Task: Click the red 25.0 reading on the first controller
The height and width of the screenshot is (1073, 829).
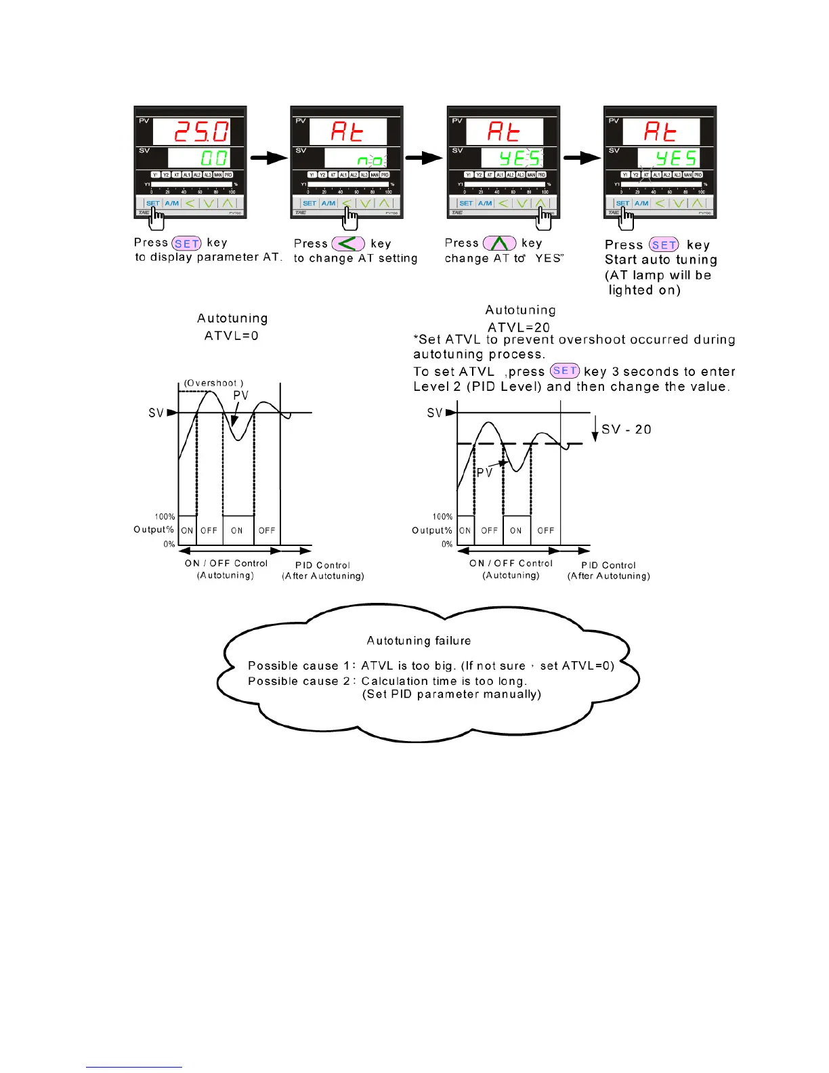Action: tap(202, 131)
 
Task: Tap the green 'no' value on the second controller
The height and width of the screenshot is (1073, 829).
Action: tap(370, 161)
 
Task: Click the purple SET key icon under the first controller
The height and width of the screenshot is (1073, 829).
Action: tap(187, 244)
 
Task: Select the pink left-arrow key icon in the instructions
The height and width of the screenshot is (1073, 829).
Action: tap(348, 244)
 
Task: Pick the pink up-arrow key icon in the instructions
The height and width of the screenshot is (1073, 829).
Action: tap(499, 243)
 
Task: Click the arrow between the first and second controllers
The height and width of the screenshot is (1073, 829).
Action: tap(269, 158)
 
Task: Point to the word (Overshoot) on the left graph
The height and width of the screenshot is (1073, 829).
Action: tap(213, 383)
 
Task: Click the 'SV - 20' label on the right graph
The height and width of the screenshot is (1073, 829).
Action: tap(626, 429)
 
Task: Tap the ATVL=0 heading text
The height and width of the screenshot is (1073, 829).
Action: tap(232, 335)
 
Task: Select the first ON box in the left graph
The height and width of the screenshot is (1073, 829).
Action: tap(187, 530)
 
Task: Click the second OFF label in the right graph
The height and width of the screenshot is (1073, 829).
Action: tap(546, 530)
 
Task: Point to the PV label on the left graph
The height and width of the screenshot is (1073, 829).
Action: tap(240, 396)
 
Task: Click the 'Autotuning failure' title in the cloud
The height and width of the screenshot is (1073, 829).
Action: tap(419, 641)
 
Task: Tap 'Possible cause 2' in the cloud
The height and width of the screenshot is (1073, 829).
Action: tap(301, 681)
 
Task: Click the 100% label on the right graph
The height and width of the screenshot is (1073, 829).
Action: tap(442, 517)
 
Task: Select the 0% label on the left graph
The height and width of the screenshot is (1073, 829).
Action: tap(169, 544)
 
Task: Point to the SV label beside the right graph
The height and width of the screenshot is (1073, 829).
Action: tap(435, 413)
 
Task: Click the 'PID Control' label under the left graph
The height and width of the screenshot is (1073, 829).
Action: tap(323, 565)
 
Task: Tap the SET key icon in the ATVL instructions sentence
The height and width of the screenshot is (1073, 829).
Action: tap(565, 371)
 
